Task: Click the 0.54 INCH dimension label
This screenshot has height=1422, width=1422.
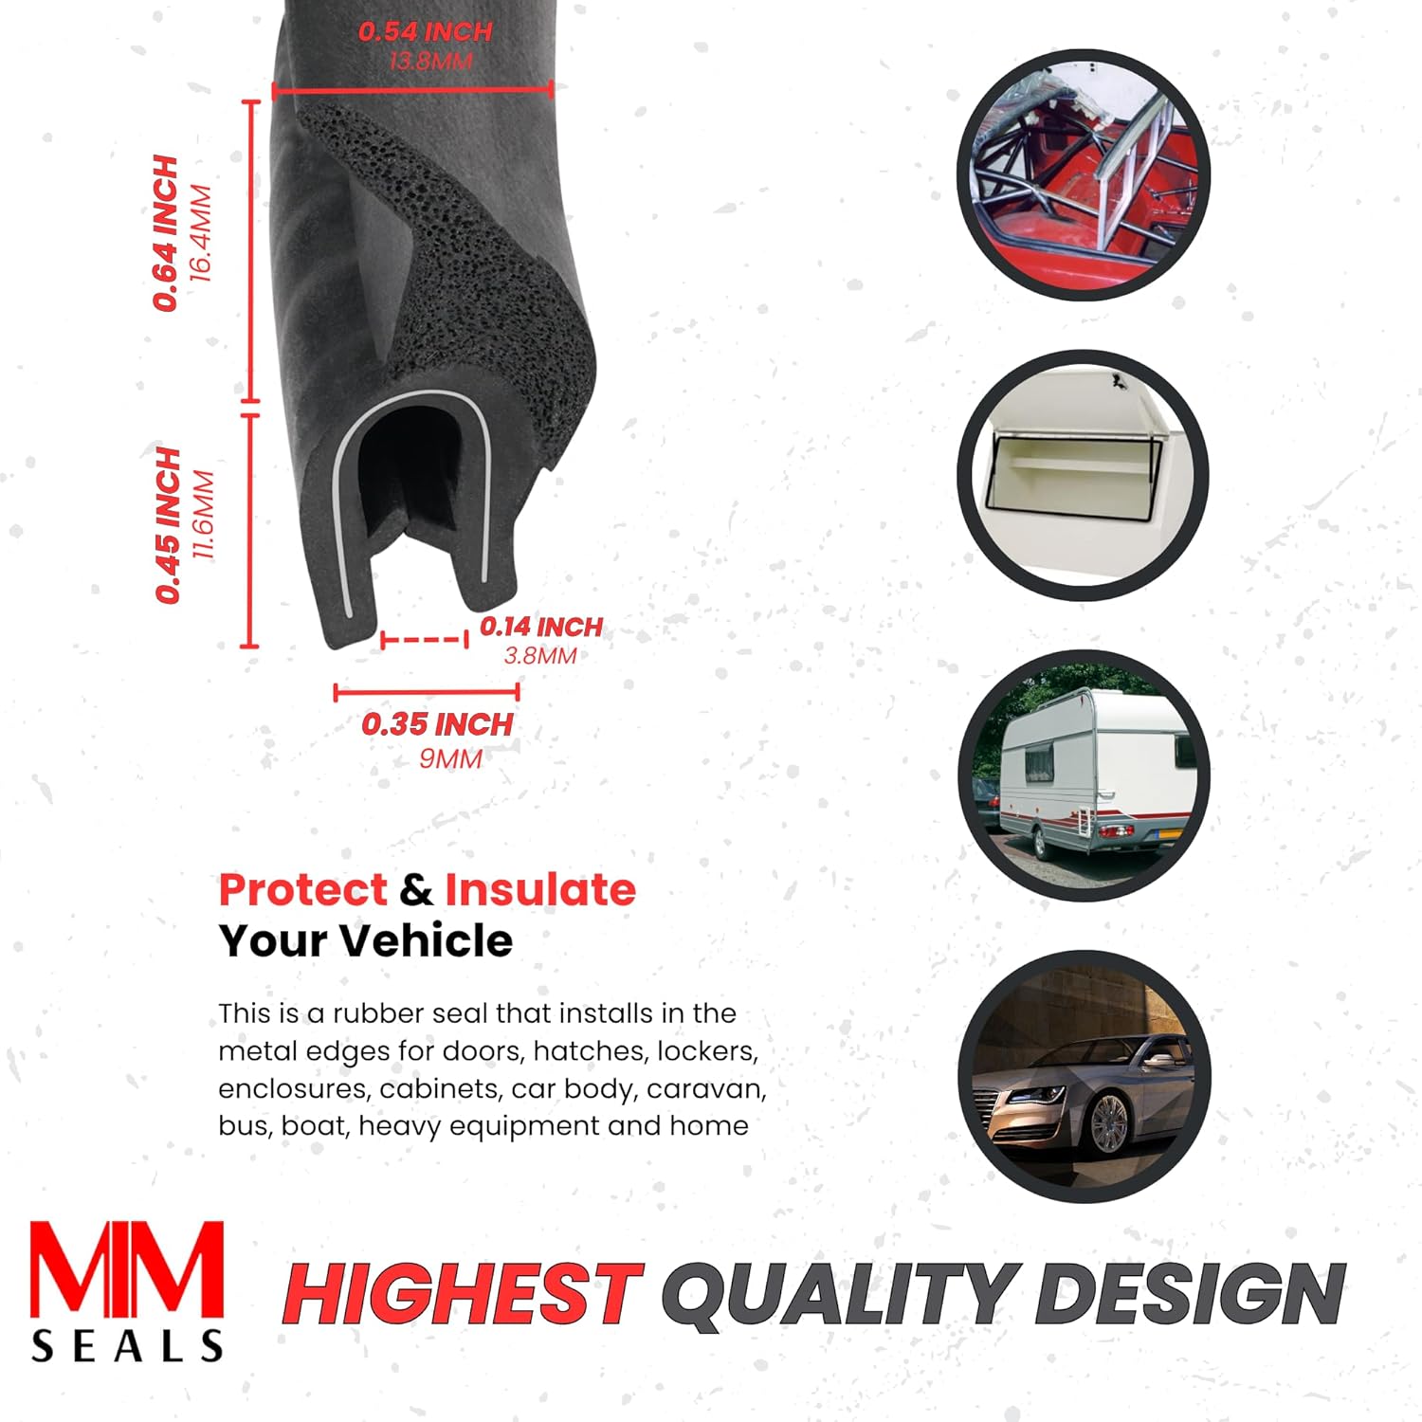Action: (x=425, y=31)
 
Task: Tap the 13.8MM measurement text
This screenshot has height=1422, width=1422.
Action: (x=430, y=62)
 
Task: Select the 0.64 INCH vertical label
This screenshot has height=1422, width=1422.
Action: (x=167, y=233)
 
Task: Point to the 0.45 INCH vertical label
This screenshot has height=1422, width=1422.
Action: (x=169, y=525)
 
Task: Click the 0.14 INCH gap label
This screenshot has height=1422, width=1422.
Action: (x=540, y=627)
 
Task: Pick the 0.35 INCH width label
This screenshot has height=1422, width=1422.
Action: (x=436, y=725)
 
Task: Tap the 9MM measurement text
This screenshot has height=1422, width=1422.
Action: (x=450, y=758)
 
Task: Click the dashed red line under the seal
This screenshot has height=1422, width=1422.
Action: (x=424, y=640)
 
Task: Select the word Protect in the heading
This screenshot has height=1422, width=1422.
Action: (x=302, y=890)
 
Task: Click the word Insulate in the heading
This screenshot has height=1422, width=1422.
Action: (x=540, y=890)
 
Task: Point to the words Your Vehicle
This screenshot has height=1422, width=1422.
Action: (x=366, y=940)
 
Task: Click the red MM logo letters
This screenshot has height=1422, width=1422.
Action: (x=127, y=1270)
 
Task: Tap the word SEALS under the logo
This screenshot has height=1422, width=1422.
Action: (x=127, y=1346)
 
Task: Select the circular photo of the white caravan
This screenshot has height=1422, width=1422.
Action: (x=1084, y=775)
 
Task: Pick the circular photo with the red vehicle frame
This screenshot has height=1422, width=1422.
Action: (x=1084, y=175)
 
